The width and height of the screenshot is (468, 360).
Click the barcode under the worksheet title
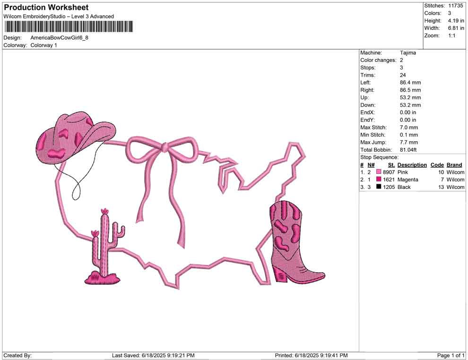[69, 26]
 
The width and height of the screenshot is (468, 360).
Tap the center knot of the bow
[165, 147]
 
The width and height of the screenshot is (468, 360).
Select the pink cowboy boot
[294, 241]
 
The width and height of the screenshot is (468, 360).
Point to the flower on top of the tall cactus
[104, 211]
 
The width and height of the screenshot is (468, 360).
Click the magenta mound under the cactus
[103, 278]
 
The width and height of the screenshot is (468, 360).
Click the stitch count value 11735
[455, 6]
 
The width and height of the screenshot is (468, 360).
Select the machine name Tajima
[407, 53]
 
